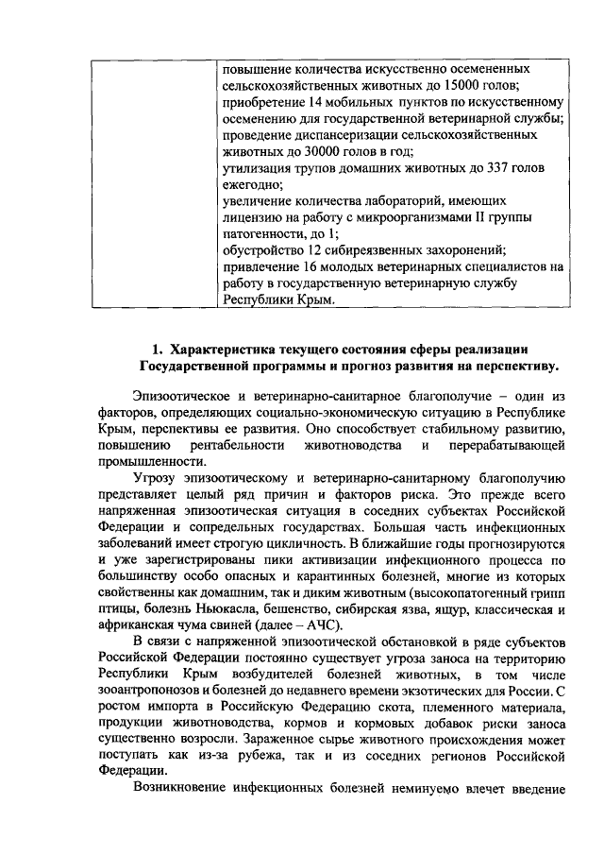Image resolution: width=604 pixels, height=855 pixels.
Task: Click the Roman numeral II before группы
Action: [x=498, y=217]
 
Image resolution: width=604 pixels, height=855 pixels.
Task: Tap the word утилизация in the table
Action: [x=255, y=168]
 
